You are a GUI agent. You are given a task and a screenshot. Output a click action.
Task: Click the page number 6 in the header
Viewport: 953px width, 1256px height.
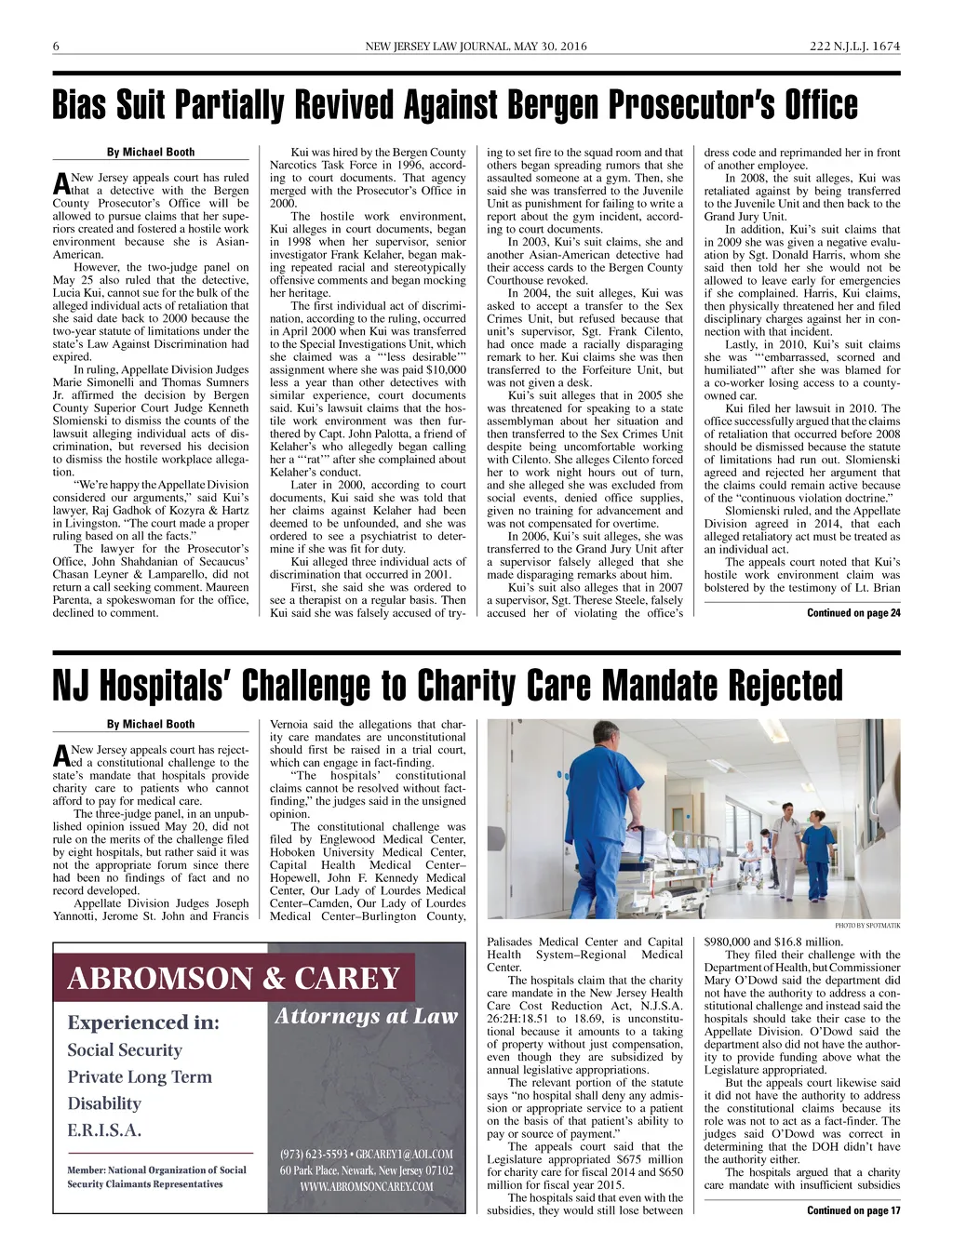[57, 47]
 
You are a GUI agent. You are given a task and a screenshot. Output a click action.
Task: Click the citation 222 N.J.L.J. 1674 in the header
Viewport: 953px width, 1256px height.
[854, 47]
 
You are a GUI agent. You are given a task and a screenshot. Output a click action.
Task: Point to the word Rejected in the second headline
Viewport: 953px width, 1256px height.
[785, 687]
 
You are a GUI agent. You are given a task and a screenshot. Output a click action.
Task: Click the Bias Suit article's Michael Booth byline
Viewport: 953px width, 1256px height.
[151, 153]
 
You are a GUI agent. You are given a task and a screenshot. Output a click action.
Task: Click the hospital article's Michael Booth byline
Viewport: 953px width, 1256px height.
[151, 725]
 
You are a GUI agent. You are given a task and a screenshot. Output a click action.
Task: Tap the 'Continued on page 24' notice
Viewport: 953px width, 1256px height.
[853, 613]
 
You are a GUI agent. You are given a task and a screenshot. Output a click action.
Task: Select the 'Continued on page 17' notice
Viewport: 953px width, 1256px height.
[853, 1210]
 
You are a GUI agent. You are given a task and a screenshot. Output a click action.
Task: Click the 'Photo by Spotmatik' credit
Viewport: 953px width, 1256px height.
[867, 926]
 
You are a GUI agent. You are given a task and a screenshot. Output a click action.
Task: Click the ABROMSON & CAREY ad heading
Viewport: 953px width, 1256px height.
[234, 979]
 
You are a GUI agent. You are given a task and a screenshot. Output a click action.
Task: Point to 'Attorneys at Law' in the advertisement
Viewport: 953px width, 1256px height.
[367, 1016]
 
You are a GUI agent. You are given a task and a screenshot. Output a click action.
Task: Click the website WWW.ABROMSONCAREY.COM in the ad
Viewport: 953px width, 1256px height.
[367, 1186]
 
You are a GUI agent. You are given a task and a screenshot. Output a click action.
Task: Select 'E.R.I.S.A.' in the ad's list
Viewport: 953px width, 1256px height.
[104, 1130]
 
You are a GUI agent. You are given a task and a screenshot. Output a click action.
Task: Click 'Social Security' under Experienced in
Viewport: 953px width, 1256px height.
[125, 1050]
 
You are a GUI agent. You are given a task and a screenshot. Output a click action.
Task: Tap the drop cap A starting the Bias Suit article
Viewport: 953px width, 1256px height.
[61, 183]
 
